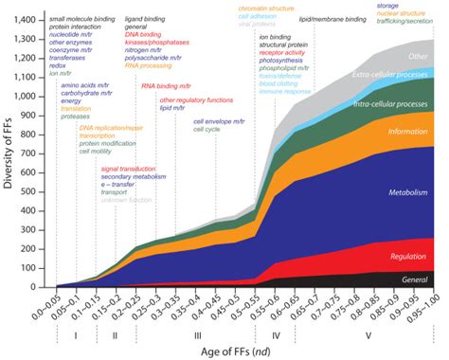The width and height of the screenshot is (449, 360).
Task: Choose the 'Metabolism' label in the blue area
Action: pyautogui.click(x=410, y=193)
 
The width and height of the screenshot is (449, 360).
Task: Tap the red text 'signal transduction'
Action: pyautogui.click(x=128, y=168)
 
